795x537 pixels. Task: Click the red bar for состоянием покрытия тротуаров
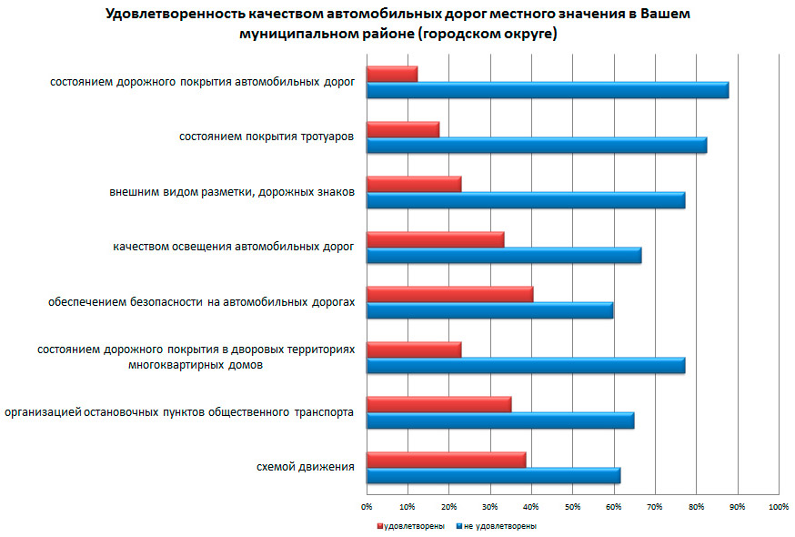402,129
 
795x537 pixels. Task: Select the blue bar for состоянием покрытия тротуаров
536,146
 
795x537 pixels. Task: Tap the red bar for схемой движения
446,461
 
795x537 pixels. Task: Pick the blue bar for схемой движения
493,476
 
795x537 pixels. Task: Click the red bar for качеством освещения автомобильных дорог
435,239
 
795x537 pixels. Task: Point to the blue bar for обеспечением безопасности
489,310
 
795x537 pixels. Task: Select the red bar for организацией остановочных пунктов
438,405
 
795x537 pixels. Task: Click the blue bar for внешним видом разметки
525,200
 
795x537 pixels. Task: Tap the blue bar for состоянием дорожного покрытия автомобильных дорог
547,90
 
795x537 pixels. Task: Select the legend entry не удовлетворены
498,526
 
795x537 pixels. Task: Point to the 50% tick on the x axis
572,505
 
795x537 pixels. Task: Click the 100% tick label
778,505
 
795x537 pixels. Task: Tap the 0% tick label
367,505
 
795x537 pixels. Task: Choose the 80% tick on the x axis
696,505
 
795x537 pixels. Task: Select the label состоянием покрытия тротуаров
266,137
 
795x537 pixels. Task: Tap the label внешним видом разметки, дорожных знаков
232,192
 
